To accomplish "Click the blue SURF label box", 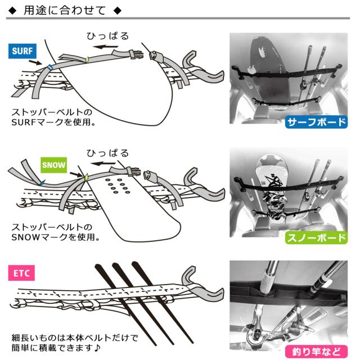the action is (22, 51).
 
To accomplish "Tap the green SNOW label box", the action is (54, 165).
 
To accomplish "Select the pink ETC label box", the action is (21, 273).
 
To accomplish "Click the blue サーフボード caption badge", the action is (316, 122).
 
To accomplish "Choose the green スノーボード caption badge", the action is (316, 237).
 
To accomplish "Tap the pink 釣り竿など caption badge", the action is (316, 352).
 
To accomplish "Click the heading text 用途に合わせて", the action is (65, 11).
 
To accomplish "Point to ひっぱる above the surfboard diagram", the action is (107, 36).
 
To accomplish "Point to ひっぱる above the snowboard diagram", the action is (107, 153).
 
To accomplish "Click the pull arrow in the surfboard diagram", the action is (105, 47).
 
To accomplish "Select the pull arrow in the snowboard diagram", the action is (103, 164).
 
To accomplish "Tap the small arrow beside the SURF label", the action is (35, 62).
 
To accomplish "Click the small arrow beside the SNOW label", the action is (76, 175).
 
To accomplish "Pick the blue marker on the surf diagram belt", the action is (49, 67).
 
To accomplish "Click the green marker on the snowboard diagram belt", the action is (86, 178).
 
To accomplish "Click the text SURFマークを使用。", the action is (53, 122).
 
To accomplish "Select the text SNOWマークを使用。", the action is (56, 237).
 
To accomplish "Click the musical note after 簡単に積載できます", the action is (97, 348).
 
